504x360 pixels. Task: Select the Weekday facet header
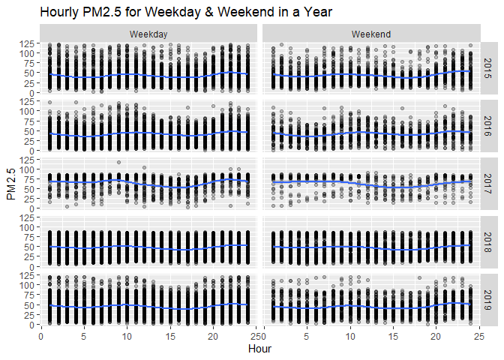(148, 34)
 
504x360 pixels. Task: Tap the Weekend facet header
(370, 34)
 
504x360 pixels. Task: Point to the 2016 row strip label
(487, 127)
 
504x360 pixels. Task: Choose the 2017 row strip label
(487, 185)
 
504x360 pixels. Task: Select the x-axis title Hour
(259, 349)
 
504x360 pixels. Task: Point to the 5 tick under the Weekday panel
(83, 336)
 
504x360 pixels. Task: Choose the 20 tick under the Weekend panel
(434, 336)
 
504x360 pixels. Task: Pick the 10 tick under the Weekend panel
(348, 336)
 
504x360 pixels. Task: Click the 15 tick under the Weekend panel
(391, 336)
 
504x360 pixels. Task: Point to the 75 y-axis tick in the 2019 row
(29, 293)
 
